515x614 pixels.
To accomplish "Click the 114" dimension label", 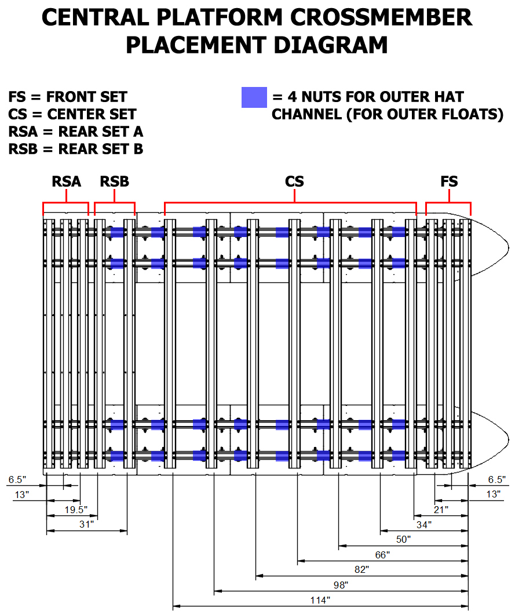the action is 320,600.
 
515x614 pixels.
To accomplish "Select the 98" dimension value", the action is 341,584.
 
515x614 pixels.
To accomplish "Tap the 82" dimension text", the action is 361,569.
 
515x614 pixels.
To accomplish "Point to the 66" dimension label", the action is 382,554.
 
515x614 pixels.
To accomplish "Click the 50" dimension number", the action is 403,539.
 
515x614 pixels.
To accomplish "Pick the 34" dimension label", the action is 424,524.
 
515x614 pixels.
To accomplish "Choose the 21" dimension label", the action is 441,510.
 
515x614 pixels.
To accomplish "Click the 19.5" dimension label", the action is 76,510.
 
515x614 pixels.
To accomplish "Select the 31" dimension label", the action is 86,524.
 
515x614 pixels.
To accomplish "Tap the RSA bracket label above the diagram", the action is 67,181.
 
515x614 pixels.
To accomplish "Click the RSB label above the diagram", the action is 114,181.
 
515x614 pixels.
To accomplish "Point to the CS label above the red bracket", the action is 294,181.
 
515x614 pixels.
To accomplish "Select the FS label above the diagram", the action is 449,181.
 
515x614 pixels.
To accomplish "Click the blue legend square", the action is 254,97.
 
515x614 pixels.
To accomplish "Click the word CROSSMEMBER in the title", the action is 381,17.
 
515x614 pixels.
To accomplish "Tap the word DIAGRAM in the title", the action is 331,45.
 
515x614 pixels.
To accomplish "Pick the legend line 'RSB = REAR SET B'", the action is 76,149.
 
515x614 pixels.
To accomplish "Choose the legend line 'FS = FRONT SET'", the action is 68,97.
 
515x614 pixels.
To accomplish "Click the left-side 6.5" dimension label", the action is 17,479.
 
